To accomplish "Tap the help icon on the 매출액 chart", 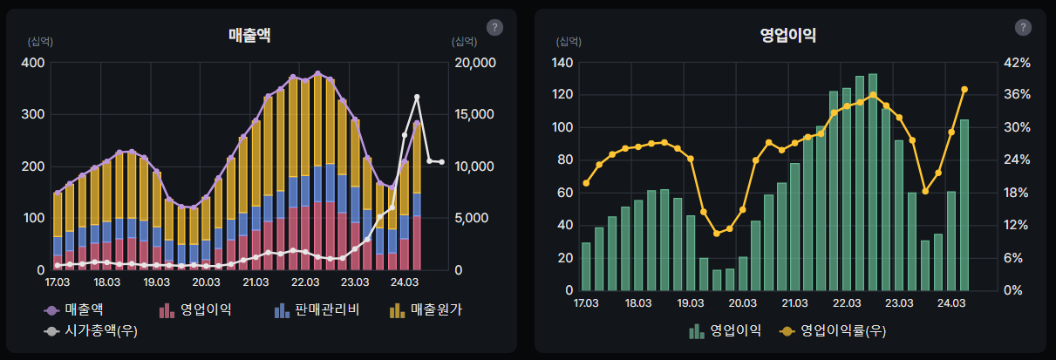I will click(x=495, y=27).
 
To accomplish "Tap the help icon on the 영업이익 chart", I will click(x=1023, y=27).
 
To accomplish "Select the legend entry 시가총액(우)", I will click(x=91, y=330).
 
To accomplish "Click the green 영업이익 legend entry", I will click(x=725, y=330).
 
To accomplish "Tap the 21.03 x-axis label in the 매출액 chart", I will click(x=255, y=282).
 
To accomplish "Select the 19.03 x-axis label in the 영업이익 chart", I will click(x=690, y=303).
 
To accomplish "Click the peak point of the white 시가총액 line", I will click(x=417, y=97).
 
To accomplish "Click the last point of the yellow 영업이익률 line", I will click(x=964, y=89).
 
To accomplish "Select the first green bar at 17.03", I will click(x=586, y=266).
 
